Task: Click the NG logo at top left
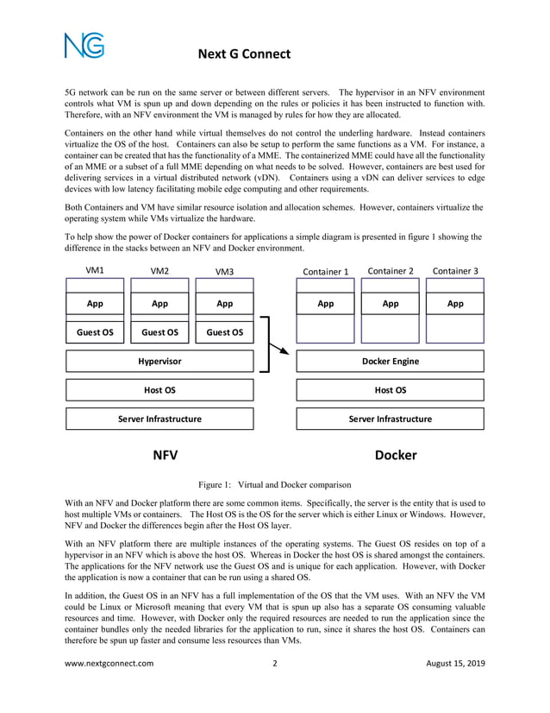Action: click(84, 45)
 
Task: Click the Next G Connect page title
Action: click(245, 54)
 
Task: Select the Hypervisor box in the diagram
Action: click(159, 361)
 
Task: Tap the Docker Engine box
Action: click(390, 361)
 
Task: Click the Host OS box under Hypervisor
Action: click(159, 390)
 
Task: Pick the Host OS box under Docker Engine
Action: click(390, 390)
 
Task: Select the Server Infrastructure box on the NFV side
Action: click(159, 419)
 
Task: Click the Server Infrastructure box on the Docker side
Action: click(390, 419)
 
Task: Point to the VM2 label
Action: click(159, 271)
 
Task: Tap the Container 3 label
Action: click(455, 271)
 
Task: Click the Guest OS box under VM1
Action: click(95, 331)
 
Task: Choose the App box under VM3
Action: click(224, 304)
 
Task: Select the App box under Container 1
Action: click(325, 304)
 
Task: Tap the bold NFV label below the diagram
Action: click(165, 455)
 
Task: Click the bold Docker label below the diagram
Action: click(396, 455)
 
